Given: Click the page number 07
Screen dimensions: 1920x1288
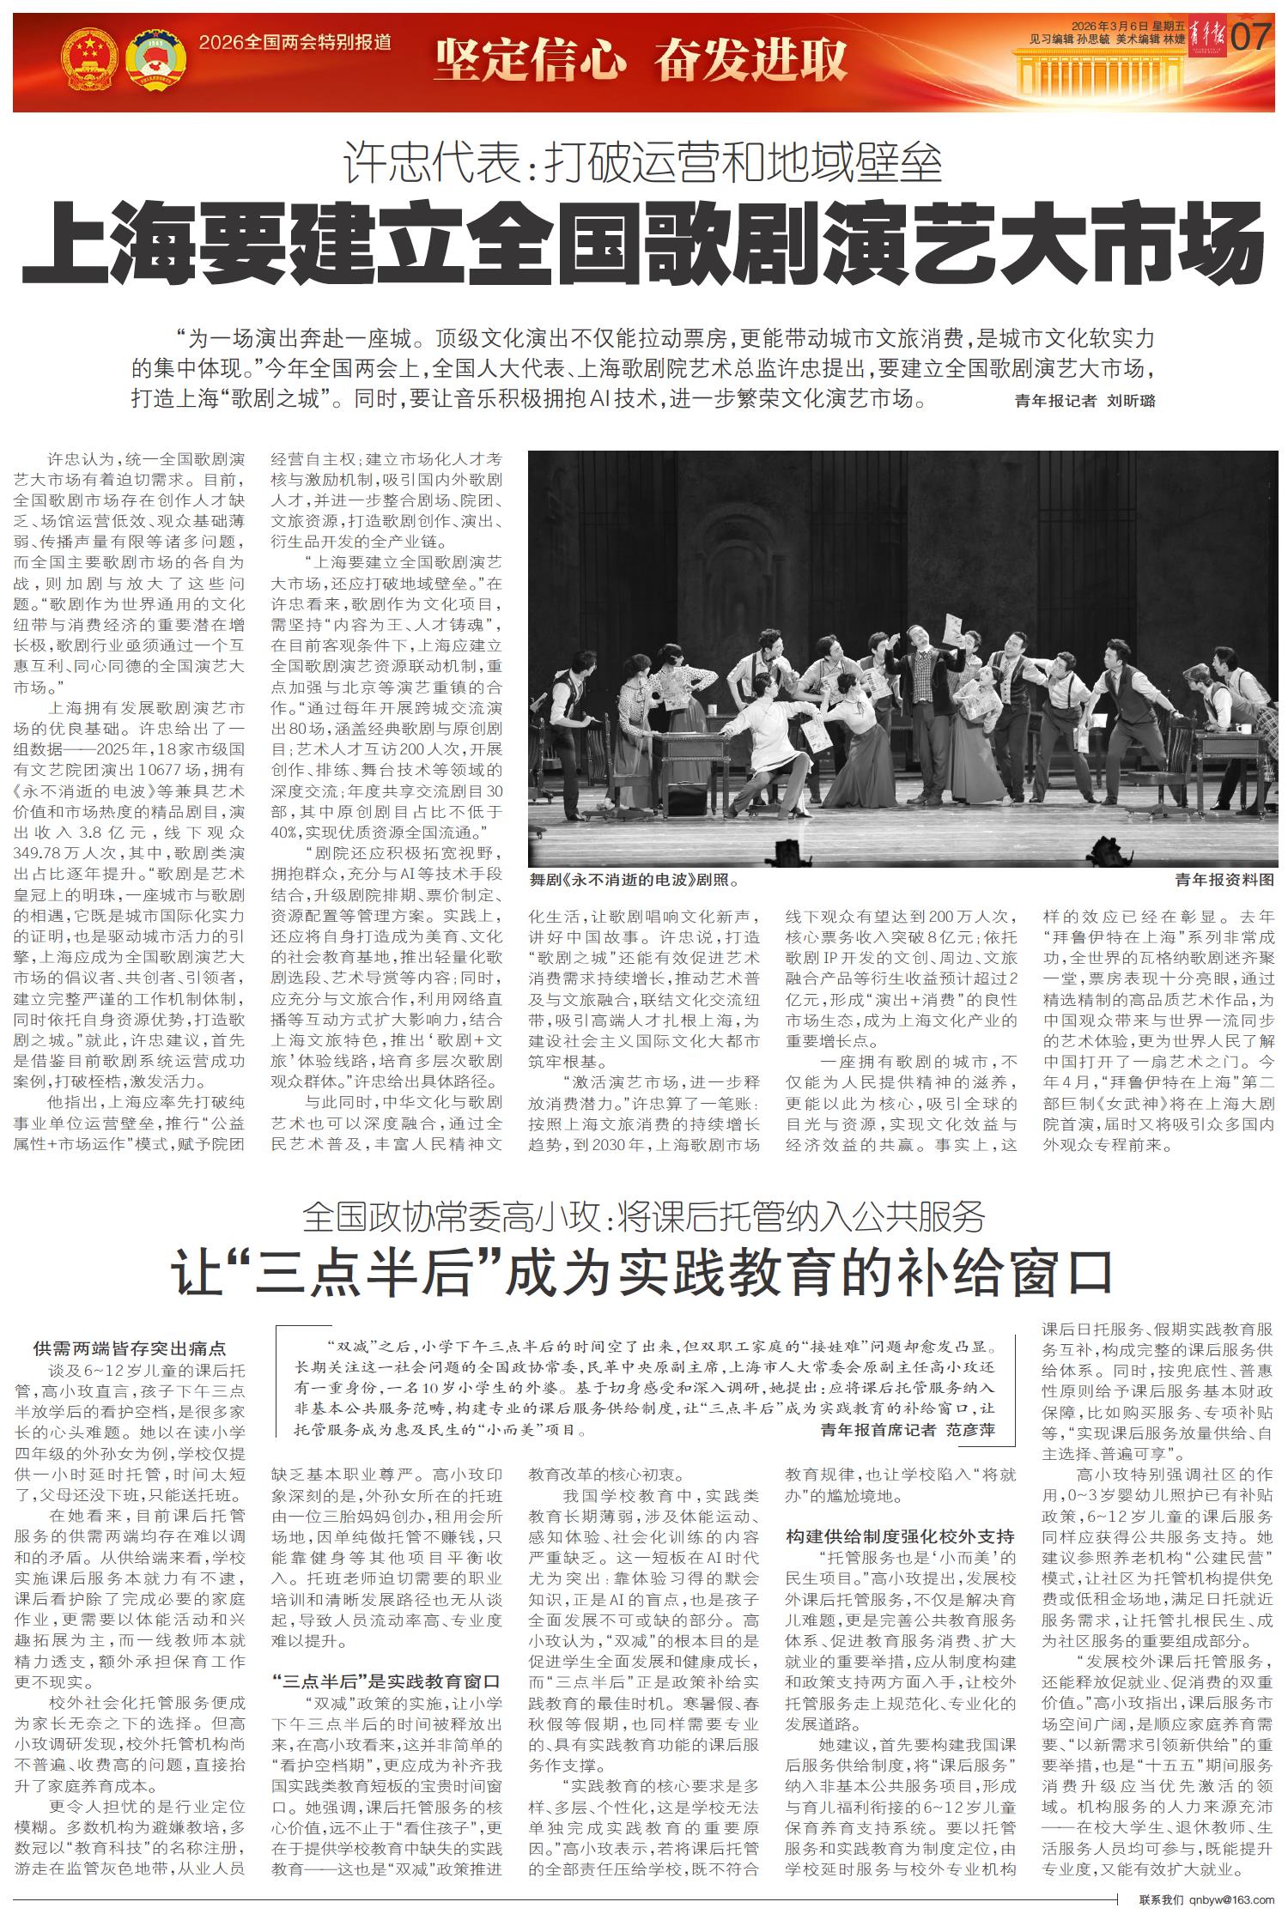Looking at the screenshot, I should click(x=1250, y=38).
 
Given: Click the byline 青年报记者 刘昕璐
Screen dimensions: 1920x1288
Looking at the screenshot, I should click(x=1084, y=401).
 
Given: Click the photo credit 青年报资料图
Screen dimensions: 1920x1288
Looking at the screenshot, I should click(x=1224, y=880).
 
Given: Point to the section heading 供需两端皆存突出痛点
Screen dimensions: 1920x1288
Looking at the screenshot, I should click(x=130, y=1348).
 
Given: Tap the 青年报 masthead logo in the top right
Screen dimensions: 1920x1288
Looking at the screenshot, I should click(x=1209, y=39).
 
